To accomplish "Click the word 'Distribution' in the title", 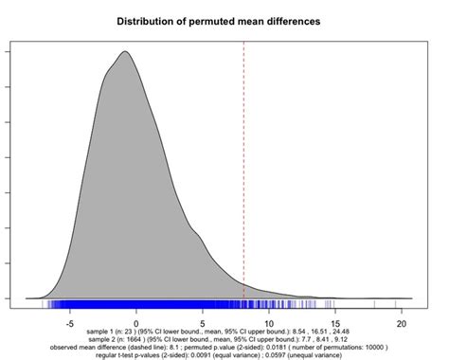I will pos(150,20).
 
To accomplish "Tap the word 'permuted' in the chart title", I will pos(216,20).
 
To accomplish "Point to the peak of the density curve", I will pos(124,52).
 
